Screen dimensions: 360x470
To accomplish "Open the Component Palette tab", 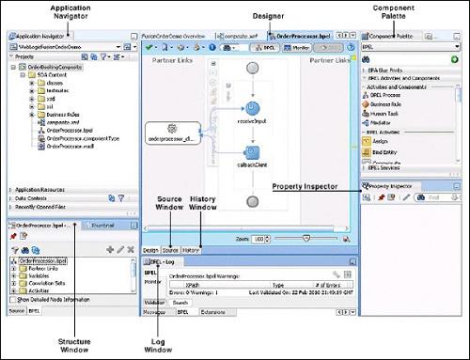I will [x=395, y=35].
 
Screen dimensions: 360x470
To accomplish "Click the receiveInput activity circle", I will [x=252, y=110].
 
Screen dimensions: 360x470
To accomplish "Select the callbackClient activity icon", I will [x=252, y=153].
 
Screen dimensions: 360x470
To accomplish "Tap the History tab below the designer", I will [x=191, y=250].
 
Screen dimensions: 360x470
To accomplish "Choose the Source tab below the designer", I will [x=170, y=250].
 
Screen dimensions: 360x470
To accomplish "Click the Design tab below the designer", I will [x=150, y=250].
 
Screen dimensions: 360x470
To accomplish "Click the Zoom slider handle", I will [x=306, y=239].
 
